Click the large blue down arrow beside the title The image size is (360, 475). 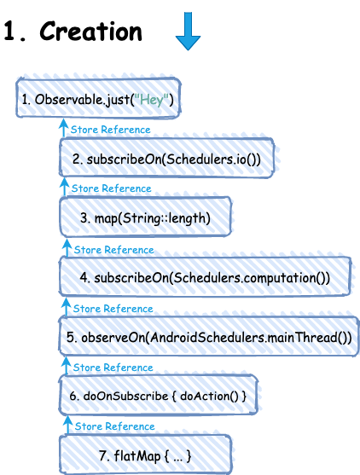tap(188, 31)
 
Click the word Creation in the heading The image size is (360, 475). tap(90, 32)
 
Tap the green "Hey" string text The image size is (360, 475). tap(151, 100)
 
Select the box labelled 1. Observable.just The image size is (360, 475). tap(98, 98)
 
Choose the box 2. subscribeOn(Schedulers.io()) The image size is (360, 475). tap(166, 158)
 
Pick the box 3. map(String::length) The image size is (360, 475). tap(146, 217)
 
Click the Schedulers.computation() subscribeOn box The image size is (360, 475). tap(205, 276)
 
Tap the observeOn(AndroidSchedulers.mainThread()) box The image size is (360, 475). tap(209, 336)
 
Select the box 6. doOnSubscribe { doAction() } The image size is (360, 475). tap(158, 395)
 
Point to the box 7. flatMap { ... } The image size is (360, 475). tap(146, 455)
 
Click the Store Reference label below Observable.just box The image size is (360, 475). tap(111, 130)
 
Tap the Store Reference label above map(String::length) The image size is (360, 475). tap(112, 188)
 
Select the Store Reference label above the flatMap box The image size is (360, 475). tap(115, 426)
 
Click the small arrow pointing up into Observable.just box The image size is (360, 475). tap(63, 128)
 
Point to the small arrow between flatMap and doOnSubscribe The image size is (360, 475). tap(67, 425)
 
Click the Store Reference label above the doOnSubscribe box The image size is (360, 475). tap(113, 368)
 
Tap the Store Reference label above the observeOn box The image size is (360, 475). tap(113, 309)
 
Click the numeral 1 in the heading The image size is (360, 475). tap(9, 32)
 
